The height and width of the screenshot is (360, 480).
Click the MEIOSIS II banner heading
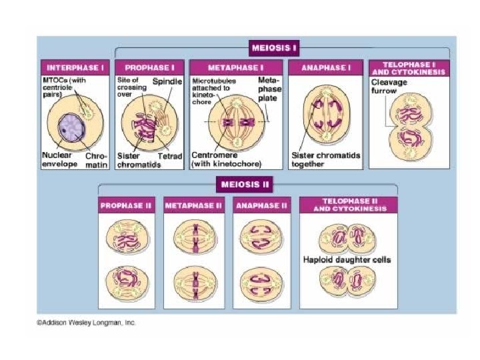point(247,182)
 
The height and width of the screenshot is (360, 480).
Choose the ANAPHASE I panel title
point(325,67)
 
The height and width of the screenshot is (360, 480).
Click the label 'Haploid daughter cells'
point(347,259)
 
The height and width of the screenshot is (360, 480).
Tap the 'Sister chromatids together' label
point(326,160)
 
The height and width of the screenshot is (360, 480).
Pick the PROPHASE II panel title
point(127,206)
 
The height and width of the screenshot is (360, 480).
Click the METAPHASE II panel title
point(193,206)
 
